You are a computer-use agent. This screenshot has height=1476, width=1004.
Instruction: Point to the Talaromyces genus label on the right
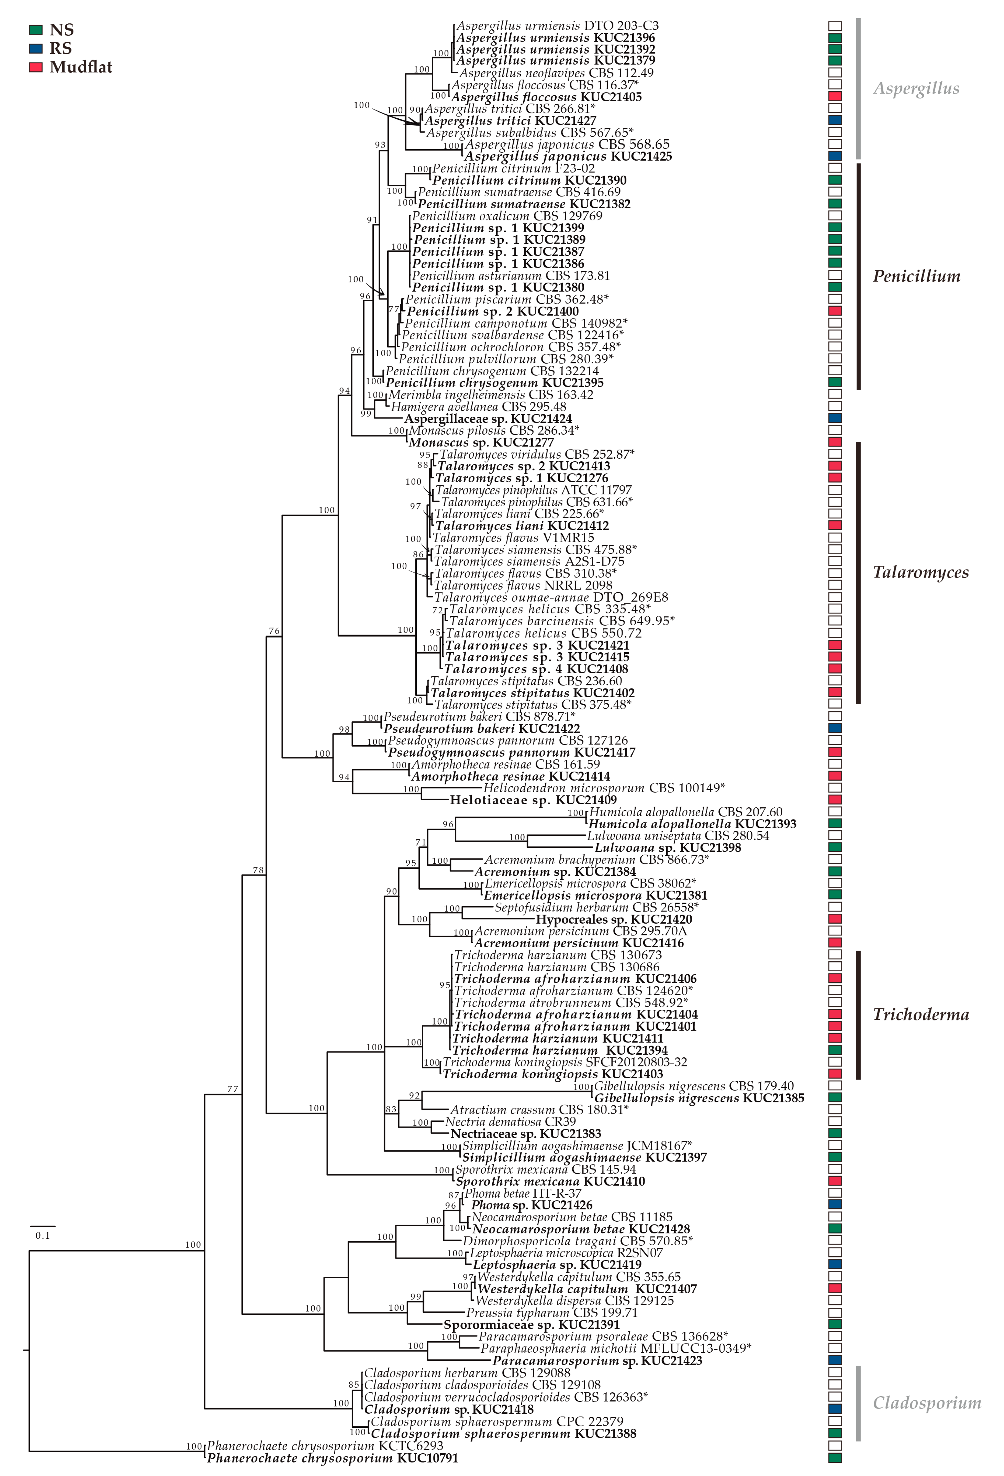point(920,572)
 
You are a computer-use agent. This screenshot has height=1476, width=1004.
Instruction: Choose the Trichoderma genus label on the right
point(920,1014)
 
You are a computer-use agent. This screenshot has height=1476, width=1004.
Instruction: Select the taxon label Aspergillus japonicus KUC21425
point(568,156)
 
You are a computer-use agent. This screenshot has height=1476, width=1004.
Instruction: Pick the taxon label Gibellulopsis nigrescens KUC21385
point(698,1098)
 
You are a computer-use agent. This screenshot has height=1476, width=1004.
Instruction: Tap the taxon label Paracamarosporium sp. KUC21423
point(597,1360)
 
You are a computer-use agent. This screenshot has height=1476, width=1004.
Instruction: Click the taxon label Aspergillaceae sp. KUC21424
point(488,419)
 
